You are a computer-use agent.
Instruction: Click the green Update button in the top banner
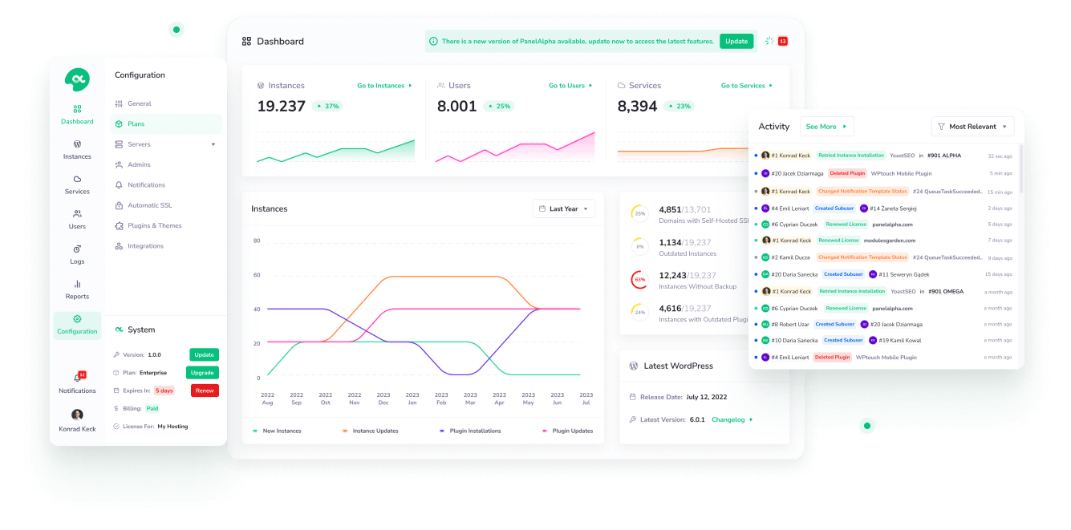(x=736, y=41)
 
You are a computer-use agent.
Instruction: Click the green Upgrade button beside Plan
(x=202, y=373)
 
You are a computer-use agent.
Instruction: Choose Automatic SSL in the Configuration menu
(x=149, y=205)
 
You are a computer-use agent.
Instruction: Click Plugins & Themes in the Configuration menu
(x=154, y=225)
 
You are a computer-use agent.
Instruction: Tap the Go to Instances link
(x=384, y=86)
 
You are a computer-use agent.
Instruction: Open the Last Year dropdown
(x=564, y=208)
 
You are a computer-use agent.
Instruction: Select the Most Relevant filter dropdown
(x=972, y=127)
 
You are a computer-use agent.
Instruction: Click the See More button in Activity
(x=826, y=127)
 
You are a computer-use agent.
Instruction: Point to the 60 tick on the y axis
(x=257, y=275)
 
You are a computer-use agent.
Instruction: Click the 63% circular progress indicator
(x=639, y=280)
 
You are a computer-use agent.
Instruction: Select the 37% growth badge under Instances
(x=327, y=106)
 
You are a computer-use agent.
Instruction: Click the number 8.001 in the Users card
(x=456, y=106)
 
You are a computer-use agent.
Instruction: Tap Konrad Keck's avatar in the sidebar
(x=77, y=415)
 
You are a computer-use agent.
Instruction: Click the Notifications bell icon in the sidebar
(x=78, y=378)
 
